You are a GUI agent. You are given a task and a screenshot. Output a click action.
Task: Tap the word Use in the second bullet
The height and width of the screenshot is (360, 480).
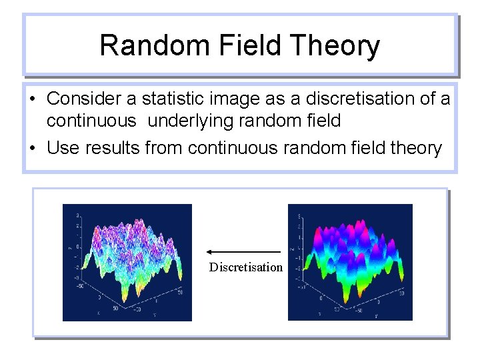tap(63, 147)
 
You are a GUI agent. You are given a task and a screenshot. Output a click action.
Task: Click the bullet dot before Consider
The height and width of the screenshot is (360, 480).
tap(33, 99)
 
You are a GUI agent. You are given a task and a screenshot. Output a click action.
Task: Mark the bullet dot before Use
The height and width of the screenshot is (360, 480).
tap(33, 148)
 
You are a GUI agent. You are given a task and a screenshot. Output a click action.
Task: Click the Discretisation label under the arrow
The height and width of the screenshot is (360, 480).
tap(245, 267)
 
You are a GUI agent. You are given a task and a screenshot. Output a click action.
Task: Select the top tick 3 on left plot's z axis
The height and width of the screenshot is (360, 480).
tap(79, 215)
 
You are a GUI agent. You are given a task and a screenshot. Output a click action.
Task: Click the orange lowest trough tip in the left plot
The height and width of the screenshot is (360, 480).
tap(125, 299)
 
